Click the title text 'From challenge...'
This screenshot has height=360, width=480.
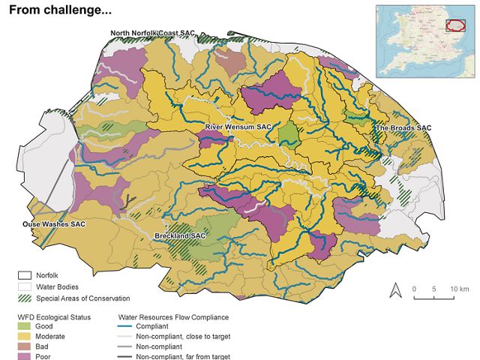click(60, 10)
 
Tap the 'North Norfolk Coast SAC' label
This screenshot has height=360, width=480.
click(152, 34)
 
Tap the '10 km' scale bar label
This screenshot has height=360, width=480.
click(459, 289)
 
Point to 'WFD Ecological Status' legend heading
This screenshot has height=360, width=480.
click(54, 317)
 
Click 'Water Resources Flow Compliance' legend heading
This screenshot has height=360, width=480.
click(175, 317)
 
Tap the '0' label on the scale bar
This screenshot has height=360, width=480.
click(413, 289)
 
